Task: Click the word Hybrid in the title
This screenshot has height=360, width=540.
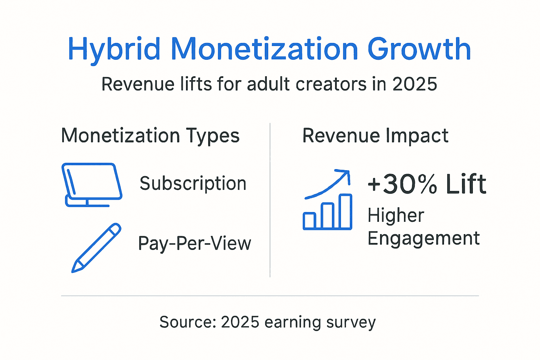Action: point(114,49)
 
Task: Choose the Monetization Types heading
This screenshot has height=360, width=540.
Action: point(150,136)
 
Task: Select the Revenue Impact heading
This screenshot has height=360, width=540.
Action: point(375,136)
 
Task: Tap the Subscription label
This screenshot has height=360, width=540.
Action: point(193,184)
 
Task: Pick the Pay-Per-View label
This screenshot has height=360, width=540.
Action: point(194,243)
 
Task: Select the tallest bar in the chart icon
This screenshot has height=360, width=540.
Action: point(345,212)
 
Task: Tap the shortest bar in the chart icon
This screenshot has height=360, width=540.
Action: point(309,220)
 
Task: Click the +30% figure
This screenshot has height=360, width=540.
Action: point(402,184)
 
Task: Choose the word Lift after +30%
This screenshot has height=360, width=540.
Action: point(466,184)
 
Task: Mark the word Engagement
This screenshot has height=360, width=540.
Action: point(423,239)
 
